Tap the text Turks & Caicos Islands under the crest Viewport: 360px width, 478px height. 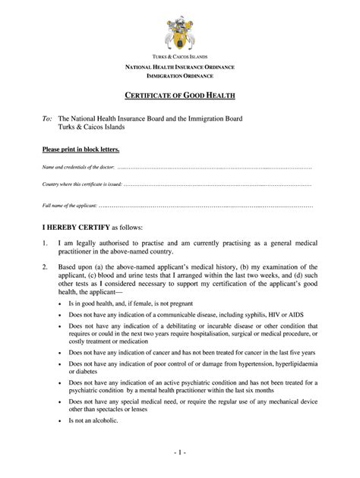[x=179, y=58]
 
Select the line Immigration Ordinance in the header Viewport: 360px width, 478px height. [x=179, y=75]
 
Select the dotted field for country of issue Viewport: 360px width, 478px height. [x=216, y=184]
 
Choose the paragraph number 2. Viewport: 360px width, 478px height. [x=45, y=268]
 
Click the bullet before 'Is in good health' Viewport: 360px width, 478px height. [x=61, y=303]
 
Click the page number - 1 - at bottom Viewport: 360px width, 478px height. [x=179, y=460]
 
